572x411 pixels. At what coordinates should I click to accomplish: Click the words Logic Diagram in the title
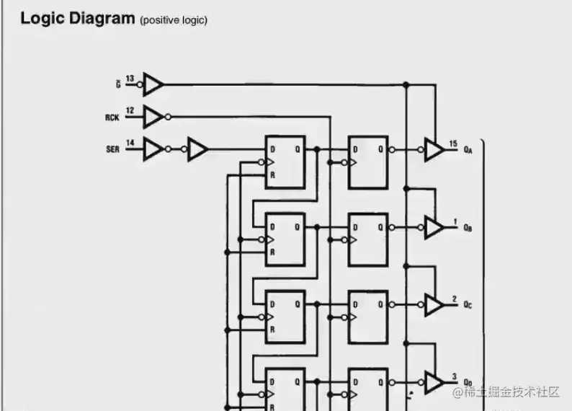click(x=77, y=18)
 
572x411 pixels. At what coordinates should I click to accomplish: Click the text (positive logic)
click(x=174, y=20)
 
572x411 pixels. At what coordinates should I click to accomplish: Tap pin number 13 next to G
click(x=130, y=79)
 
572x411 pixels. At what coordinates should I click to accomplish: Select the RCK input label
click(x=112, y=116)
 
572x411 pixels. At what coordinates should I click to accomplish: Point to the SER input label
click(x=112, y=149)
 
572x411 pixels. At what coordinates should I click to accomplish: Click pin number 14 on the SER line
click(x=130, y=143)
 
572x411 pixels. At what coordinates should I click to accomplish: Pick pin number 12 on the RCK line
click(x=130, y=110)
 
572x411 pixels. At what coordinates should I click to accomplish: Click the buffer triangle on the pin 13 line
click(x=153, y=84)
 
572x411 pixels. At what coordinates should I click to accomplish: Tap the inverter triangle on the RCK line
click(x=153, y=116)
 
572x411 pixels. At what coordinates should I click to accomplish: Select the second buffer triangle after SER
click(x=197, y=149)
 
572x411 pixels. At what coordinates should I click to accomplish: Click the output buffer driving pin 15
click(x=434, y=150)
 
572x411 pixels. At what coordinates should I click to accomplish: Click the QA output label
click(x=468, y=150)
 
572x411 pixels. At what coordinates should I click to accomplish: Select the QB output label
click(x=468, y=228)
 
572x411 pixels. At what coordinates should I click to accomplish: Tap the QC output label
click(x=468, y=306)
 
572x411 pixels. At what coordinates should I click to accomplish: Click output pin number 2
click(x=454, y=299)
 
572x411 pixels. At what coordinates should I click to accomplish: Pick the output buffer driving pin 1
click(x=434, y=228)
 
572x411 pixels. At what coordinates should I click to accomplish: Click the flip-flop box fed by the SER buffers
click(x=285, y=162)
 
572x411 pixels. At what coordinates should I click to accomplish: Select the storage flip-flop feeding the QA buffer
click(x=367, y=162)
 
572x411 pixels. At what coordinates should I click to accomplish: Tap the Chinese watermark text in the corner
click(x=511, y=392)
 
